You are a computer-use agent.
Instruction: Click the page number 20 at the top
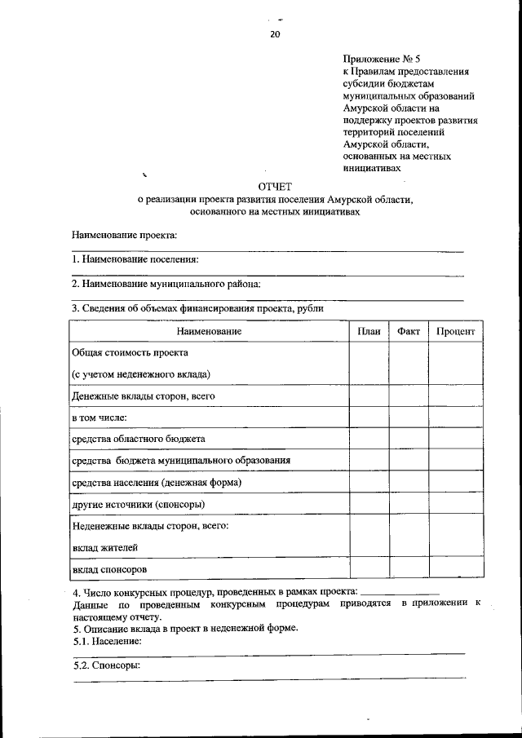[274, 33]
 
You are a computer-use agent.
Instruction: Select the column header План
[369, 331]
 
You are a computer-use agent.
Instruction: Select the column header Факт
[409, 331]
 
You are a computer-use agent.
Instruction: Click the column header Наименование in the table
[209, 331]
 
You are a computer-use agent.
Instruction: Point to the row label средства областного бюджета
[138, 439]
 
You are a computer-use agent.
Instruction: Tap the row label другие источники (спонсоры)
[138, 504]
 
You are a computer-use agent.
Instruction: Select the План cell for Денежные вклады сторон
[369, 396]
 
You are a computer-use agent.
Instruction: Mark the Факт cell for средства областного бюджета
[409, 439]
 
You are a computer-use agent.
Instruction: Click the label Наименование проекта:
[124, 235]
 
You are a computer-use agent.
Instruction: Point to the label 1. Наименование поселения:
[135, 259]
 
